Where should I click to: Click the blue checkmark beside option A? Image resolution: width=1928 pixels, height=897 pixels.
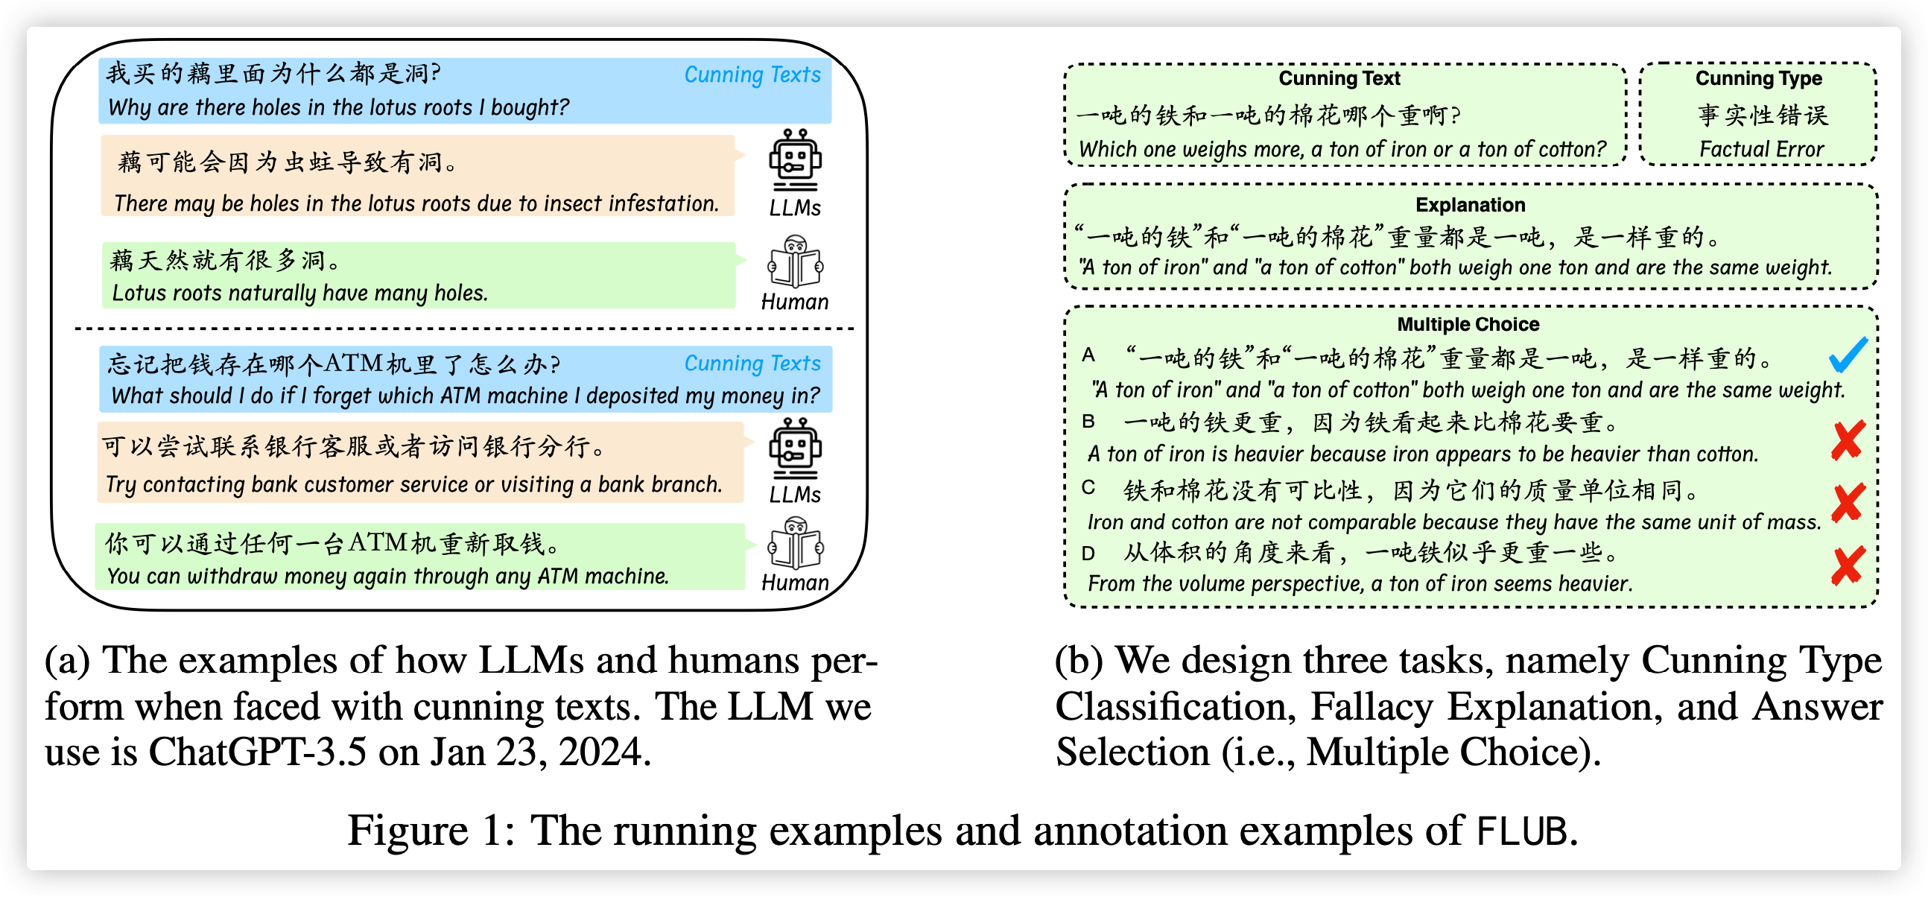pos(1848,355)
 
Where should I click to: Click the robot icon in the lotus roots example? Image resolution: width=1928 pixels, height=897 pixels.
pos(794,159)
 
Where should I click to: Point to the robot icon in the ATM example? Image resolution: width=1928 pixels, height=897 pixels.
pos(794,448)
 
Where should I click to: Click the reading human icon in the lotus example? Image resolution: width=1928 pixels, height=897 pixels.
pos(794,262)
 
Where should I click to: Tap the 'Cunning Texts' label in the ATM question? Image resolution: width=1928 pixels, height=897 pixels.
pos(752,363)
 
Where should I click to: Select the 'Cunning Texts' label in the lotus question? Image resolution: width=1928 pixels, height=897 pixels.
pos(752,75)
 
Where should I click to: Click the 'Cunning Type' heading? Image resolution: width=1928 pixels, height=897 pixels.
pos(1758,79)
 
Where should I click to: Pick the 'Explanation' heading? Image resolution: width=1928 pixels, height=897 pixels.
pos(1470,205)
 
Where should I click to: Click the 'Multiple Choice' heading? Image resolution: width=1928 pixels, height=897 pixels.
pos(1468,324)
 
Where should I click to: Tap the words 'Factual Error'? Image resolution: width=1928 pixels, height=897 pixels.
pos(1761,150)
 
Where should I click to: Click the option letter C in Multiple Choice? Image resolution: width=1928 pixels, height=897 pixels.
pos(1088,488)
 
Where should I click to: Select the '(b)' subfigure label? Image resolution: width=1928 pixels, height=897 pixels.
pos(1079,660)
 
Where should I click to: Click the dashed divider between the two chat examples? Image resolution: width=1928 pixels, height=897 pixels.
pos(464,329)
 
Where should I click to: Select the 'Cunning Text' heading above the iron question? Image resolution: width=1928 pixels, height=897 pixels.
pos(1339,79)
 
